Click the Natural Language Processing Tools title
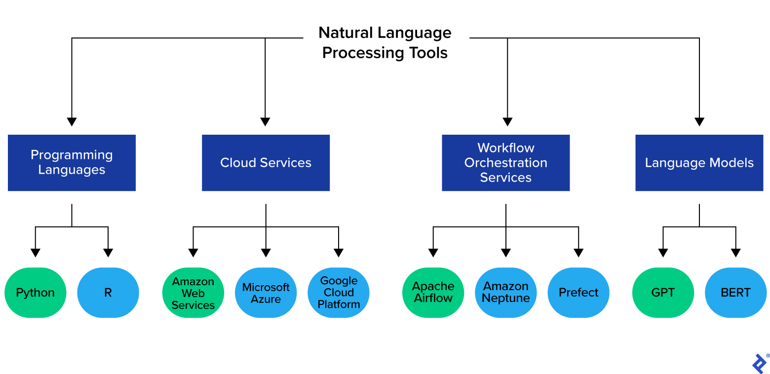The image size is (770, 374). tap(385, 43)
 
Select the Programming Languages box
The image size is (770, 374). tap(72, 163)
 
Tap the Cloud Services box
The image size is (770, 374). tap(266, 163)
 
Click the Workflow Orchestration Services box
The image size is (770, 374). tap(505, 163)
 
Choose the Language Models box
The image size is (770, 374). tap(699, 163)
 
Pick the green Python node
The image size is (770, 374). tap(36, 293)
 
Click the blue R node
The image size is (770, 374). tap(108, 293)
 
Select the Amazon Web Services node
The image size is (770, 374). tap(193, 293)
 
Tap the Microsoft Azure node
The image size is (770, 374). tap(266, 293)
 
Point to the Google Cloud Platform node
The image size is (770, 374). tap(339, 293)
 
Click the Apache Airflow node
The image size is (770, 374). tap(433, 293)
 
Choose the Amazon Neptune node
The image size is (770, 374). tap(505, 293)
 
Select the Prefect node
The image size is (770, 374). tap(578, 293)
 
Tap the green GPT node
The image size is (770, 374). tap(663, 293)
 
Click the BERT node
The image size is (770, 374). tap(735, 293)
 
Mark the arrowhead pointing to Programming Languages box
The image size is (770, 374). tap(72, 122)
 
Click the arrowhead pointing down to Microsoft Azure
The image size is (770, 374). tap(266, 253)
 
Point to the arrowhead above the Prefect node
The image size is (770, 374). tap(578, 253)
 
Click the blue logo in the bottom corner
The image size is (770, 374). tap(760, 363)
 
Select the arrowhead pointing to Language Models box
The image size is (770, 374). tap(699, 122)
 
